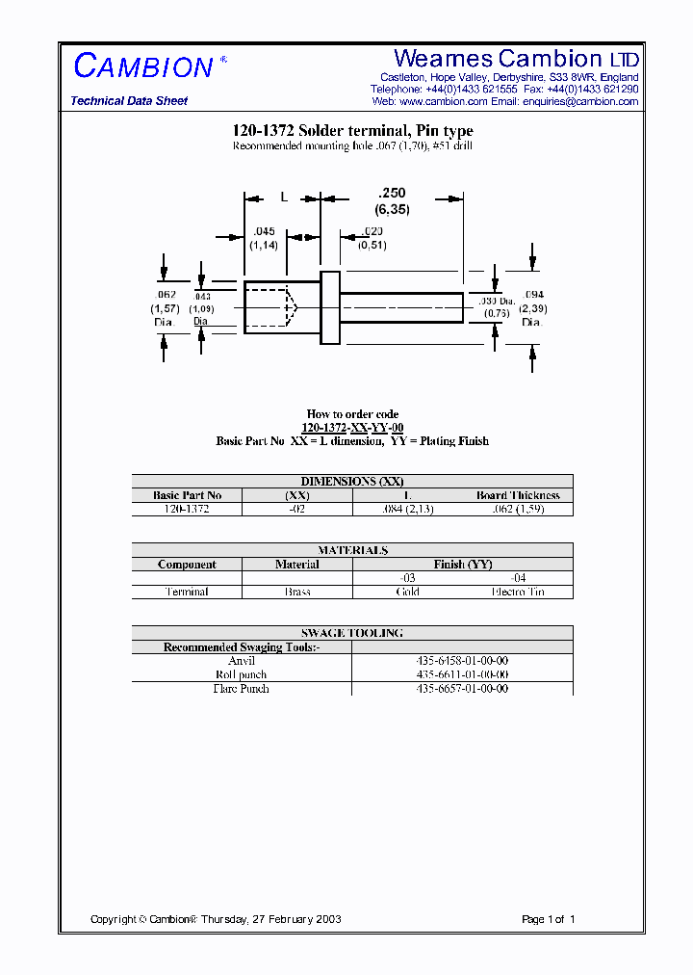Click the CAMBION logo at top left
coord(144,66)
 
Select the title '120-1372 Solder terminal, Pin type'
coord(352,131)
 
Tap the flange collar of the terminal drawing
coord(330,307)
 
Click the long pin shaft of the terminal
coord(401,307)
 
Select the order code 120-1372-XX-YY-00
coord(352,428)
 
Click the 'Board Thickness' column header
coord(518,495)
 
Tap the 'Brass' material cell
coord(297,592)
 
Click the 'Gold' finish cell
coord(408,592)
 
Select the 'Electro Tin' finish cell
coord(518,592)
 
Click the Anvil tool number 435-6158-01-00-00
coord(462,661)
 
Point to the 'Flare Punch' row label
coord(242,689)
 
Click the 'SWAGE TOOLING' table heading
coord(352,633)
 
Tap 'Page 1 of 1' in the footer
coord(548,919)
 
